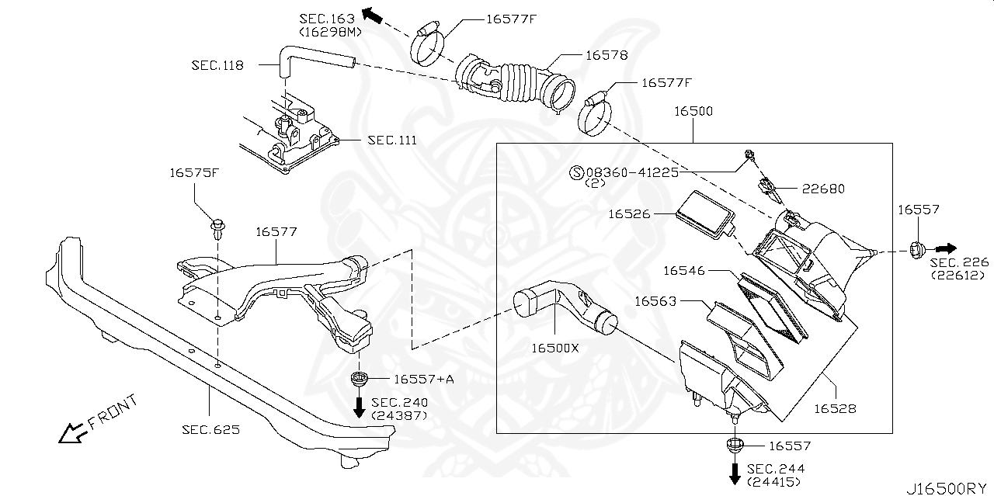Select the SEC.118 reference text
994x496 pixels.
pos(217,65)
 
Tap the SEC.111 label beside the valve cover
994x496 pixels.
pos(391,140)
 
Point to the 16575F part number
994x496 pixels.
pos(195,173)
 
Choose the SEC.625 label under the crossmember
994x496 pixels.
pos(210,428)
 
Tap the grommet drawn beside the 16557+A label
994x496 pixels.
pos(359,380)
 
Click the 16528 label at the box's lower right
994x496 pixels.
pos(835,408)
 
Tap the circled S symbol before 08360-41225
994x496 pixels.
pos(576,173)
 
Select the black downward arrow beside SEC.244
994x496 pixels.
pos(734,472)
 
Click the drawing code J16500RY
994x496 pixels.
pos(947,487)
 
